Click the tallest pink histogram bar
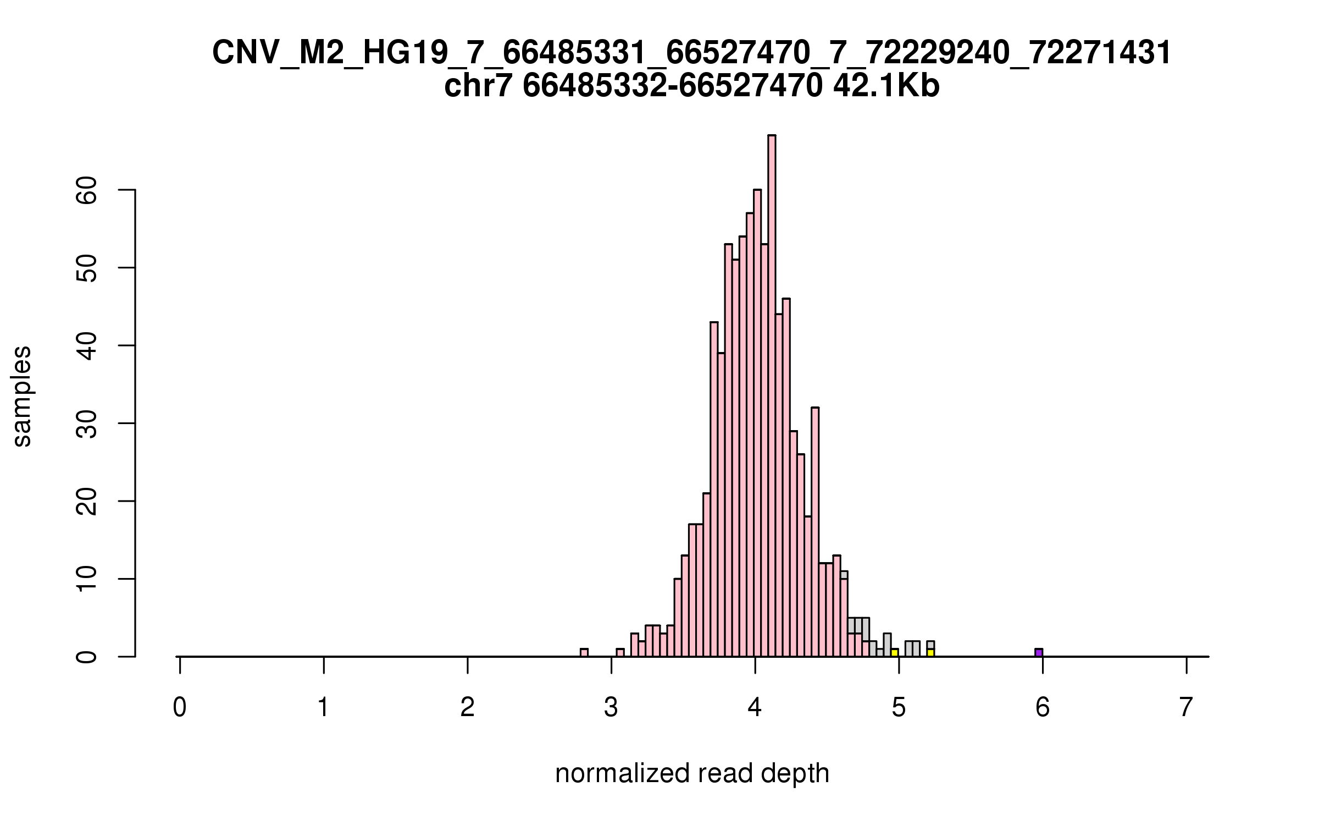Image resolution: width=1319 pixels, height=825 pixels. point(772,396)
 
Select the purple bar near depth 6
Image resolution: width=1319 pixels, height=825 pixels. point(1039,652)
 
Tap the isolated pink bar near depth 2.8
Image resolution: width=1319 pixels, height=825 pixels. point(584,652)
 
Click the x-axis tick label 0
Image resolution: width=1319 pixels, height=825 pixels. point(179,707)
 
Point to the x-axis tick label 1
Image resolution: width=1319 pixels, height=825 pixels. point(323,707)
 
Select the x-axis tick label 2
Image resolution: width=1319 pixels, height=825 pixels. point(467,707)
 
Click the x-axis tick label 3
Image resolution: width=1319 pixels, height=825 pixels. point(611,707)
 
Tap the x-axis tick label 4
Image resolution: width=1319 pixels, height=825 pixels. point(755,707)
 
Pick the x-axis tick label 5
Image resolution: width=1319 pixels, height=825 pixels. point(899,707)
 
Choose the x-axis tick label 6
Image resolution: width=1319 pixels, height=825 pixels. point(1043,707)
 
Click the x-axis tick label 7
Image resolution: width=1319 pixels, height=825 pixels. point(1187,707)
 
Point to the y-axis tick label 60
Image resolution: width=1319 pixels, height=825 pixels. point(87,190)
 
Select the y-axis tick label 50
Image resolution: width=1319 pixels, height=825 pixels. point(87,268)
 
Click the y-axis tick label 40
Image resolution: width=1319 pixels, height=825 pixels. point(87,345)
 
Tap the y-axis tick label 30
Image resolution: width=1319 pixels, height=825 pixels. point(87,424)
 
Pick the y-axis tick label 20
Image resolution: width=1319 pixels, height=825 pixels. point(87,501)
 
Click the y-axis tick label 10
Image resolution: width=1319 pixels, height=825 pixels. point(87,579)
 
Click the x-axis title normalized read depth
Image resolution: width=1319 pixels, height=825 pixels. point(692,773)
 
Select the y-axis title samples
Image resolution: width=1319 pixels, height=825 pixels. point(22,396)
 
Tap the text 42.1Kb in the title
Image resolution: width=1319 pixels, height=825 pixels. point(886,87)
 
